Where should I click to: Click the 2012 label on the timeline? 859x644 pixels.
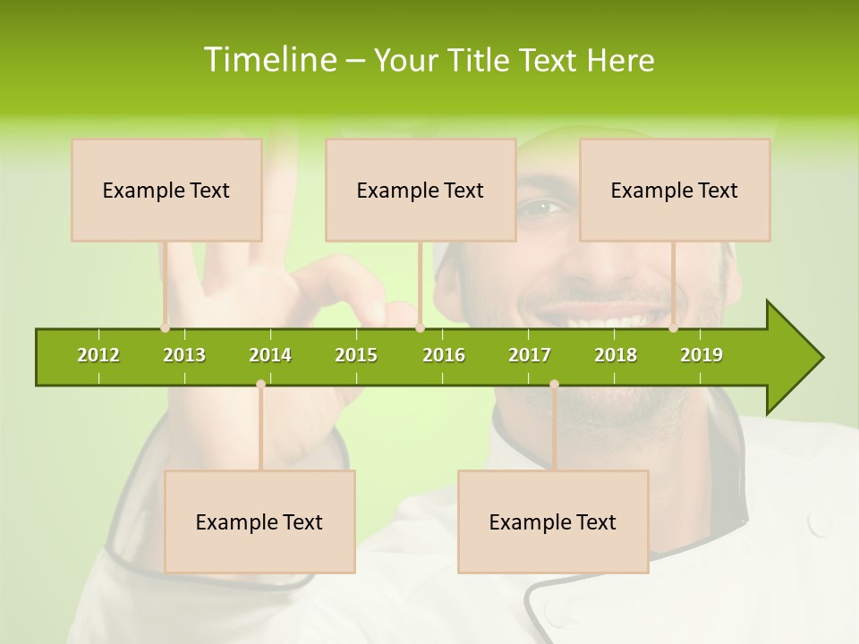pyautogui.click(x=98, y=355)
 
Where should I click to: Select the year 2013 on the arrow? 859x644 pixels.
pyautogui.click(x=184, y=355)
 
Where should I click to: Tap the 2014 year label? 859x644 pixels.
pyautogui.click(x=270, y=355)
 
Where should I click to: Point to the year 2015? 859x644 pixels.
pyautogui.click(x=356, y=355)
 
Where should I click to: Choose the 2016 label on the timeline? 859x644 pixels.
pyautogui.click(x=444, y=355)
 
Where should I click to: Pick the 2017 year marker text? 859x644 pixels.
pyautogui.click(x=530, y=355)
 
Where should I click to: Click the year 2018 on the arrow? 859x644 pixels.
pyautogui.click(x=616, y=355)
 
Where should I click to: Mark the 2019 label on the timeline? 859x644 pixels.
pyautogui.click(x=702, y=355)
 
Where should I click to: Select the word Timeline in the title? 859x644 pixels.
pyautogui.click(x=268, y=60)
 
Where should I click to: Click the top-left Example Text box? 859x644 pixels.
pyautogui.click(x=166, y=190)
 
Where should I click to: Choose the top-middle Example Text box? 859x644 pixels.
pyautogui.click(x=421, y=190)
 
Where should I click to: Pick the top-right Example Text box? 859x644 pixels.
pyautogui.click(x=675, y=190)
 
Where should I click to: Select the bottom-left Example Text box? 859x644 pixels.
pyautogui.click(x=259, y=521)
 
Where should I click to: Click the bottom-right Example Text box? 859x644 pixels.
pyautogui.click(x=553, y=521)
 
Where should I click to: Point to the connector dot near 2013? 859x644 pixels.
pyautogui.click(x=166, y=328)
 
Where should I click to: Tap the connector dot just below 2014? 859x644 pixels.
pyautogui.click(x=260, y=384)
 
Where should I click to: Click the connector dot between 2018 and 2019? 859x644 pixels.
pyautogui.click(x=673, y=328)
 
